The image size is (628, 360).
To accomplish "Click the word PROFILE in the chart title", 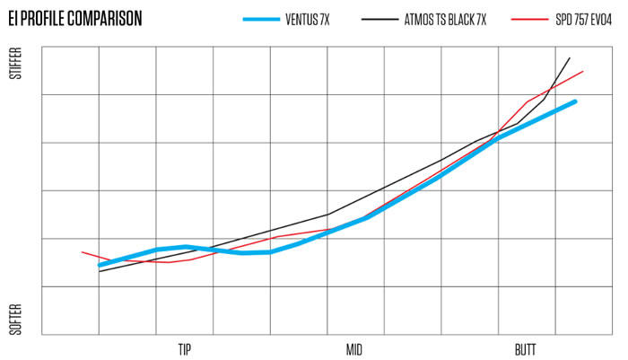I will tap(46, 17).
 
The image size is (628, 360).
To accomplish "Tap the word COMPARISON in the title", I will tap(108, 17).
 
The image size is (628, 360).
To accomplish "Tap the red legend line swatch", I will tap(522, 19).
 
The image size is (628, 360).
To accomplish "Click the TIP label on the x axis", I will tap(184, 348).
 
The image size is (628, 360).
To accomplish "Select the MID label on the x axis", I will tap(355, 348).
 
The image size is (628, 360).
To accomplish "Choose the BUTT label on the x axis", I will tap(527, 348).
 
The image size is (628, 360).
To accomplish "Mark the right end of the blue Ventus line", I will tap(575, 101).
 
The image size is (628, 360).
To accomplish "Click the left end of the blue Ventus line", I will tap(100, 265).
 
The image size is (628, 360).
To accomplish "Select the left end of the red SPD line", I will tap(82, 252).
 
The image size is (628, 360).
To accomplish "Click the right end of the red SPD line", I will tap(583, 71).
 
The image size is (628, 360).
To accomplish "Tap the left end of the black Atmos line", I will tap(99, 271).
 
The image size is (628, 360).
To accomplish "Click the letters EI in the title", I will tap(13, 17).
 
